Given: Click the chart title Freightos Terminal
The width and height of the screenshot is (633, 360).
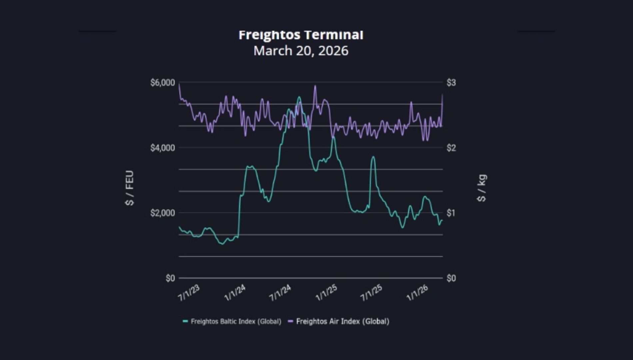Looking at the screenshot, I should pos(301,35).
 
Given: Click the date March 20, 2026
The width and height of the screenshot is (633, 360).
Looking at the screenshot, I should pos(301,51).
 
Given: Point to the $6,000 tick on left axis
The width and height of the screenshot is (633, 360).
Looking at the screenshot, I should pos(163,83).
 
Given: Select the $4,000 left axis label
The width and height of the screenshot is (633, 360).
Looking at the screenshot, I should pos(163,148).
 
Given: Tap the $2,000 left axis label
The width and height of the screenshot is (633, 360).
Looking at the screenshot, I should pos(163,213).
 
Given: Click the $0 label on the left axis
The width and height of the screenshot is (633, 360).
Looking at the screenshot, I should pos(170,278).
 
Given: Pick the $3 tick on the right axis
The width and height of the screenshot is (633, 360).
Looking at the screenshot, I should pos(451,83).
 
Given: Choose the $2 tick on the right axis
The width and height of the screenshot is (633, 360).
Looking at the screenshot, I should pos(451,148).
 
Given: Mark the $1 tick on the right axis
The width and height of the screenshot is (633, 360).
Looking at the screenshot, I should pos(451,213).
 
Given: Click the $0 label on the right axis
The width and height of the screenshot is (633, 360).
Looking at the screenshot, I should pos(451,278).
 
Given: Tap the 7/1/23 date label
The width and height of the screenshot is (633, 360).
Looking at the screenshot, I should pos(189,293).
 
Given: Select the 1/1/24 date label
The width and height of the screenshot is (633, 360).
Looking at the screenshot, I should pos(235,293).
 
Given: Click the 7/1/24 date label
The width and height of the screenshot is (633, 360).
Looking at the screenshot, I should pos(280,293).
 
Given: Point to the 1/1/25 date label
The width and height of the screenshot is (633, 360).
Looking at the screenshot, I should pos(326,293).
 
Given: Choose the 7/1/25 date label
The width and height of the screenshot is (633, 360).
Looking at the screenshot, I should pos(371,293).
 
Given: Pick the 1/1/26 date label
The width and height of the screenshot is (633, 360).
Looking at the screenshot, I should pos(417,293).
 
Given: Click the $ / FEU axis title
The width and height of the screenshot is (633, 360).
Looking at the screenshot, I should pos(130,188).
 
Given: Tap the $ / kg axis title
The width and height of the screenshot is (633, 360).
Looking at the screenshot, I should pos(482,188).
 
